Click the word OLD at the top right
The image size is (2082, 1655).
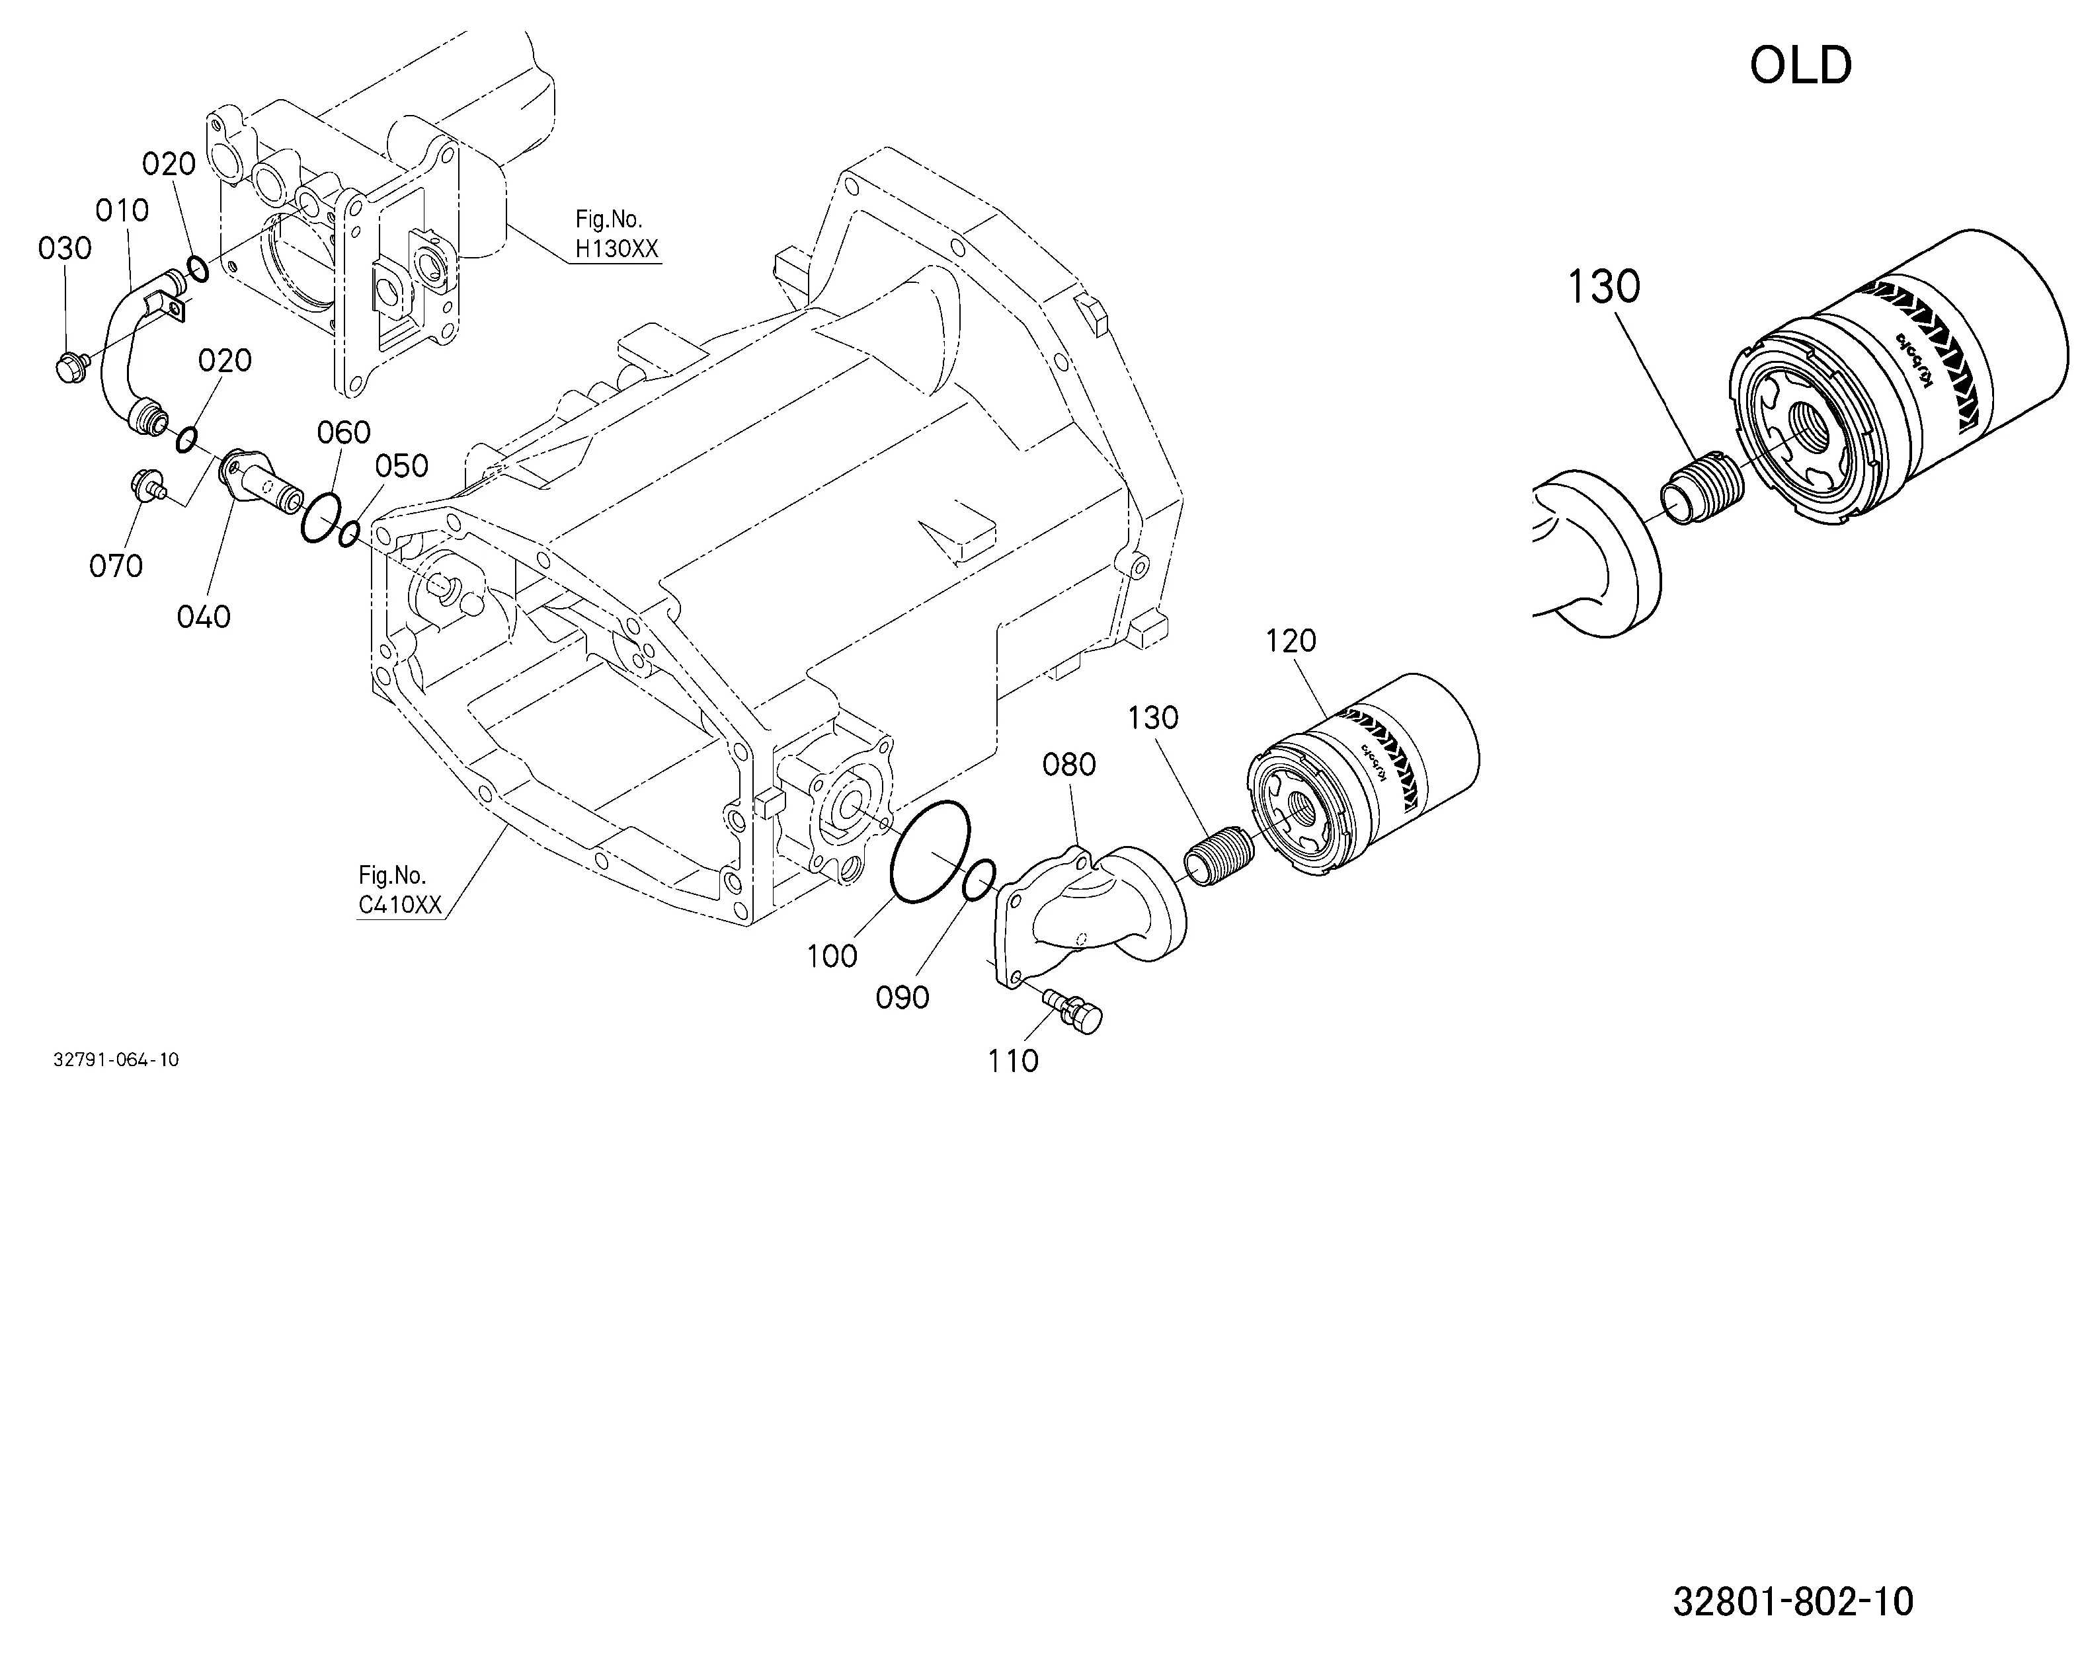[1801, 65]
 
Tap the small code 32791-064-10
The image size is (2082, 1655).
[116, 1059]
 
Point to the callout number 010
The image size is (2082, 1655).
[122, 210]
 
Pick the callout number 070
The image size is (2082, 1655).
[116, 565]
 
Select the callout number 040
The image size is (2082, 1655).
[204, 616]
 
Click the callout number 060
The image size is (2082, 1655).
[344, 432]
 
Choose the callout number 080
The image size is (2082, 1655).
[1069, 765]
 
